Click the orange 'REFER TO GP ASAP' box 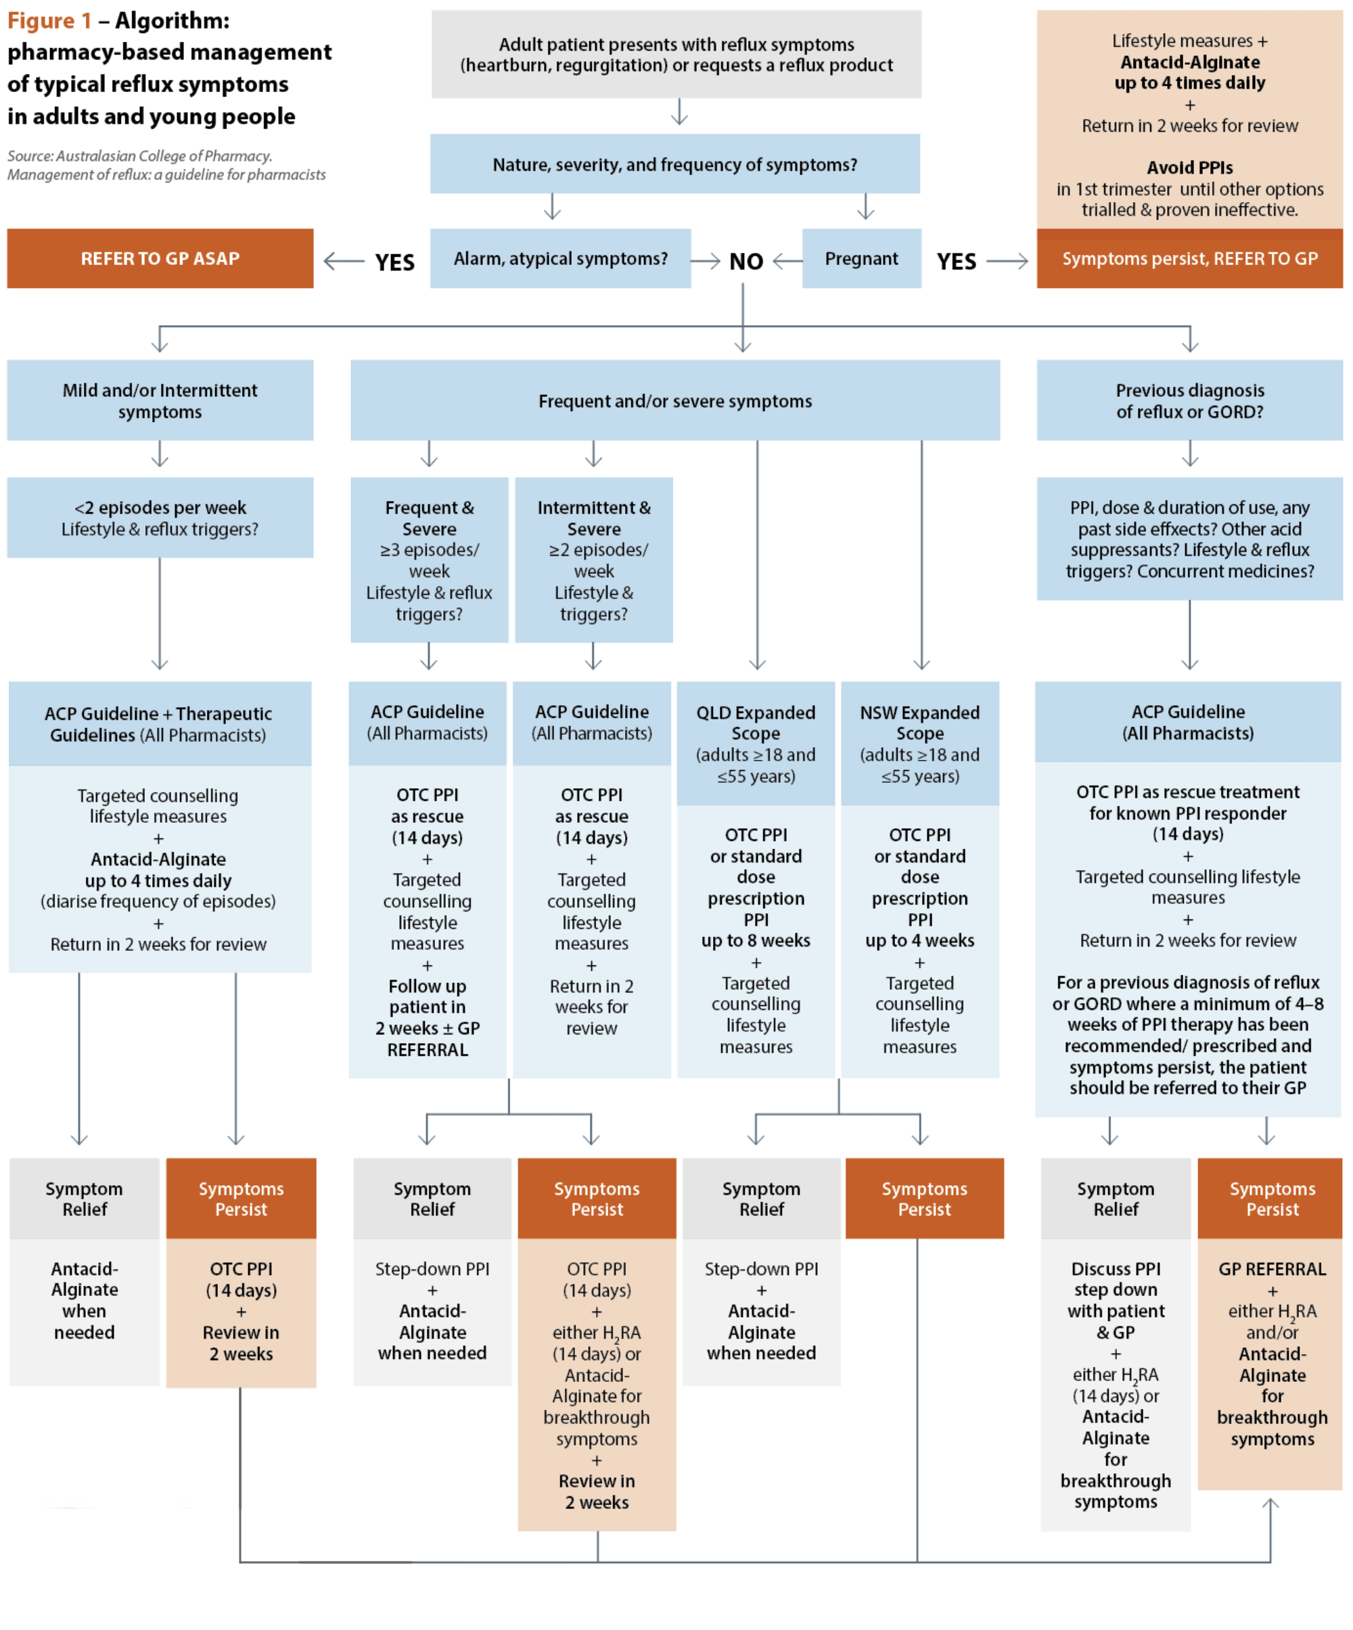coord(160,258)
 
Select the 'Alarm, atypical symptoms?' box coord(560,258)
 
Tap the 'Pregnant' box coord(861,258)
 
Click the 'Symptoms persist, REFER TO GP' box coord(1189,258)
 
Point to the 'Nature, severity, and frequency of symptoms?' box coord(674,164)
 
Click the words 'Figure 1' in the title coord(49,21)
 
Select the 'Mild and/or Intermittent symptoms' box coord(160,400)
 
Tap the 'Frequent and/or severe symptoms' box coord(674,400)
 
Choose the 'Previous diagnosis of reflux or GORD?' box coord(1189,400)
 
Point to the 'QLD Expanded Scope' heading coord(755,723)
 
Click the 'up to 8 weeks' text coord(755,940)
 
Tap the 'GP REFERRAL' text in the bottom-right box coord(1271,1269)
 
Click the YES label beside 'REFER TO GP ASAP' coord(394,262)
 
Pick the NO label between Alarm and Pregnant coord(746,262)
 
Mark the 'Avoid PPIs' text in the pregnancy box coord(1189,168)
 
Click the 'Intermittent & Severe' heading coord(593,518)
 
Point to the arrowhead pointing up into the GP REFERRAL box coord(1270,1504)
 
